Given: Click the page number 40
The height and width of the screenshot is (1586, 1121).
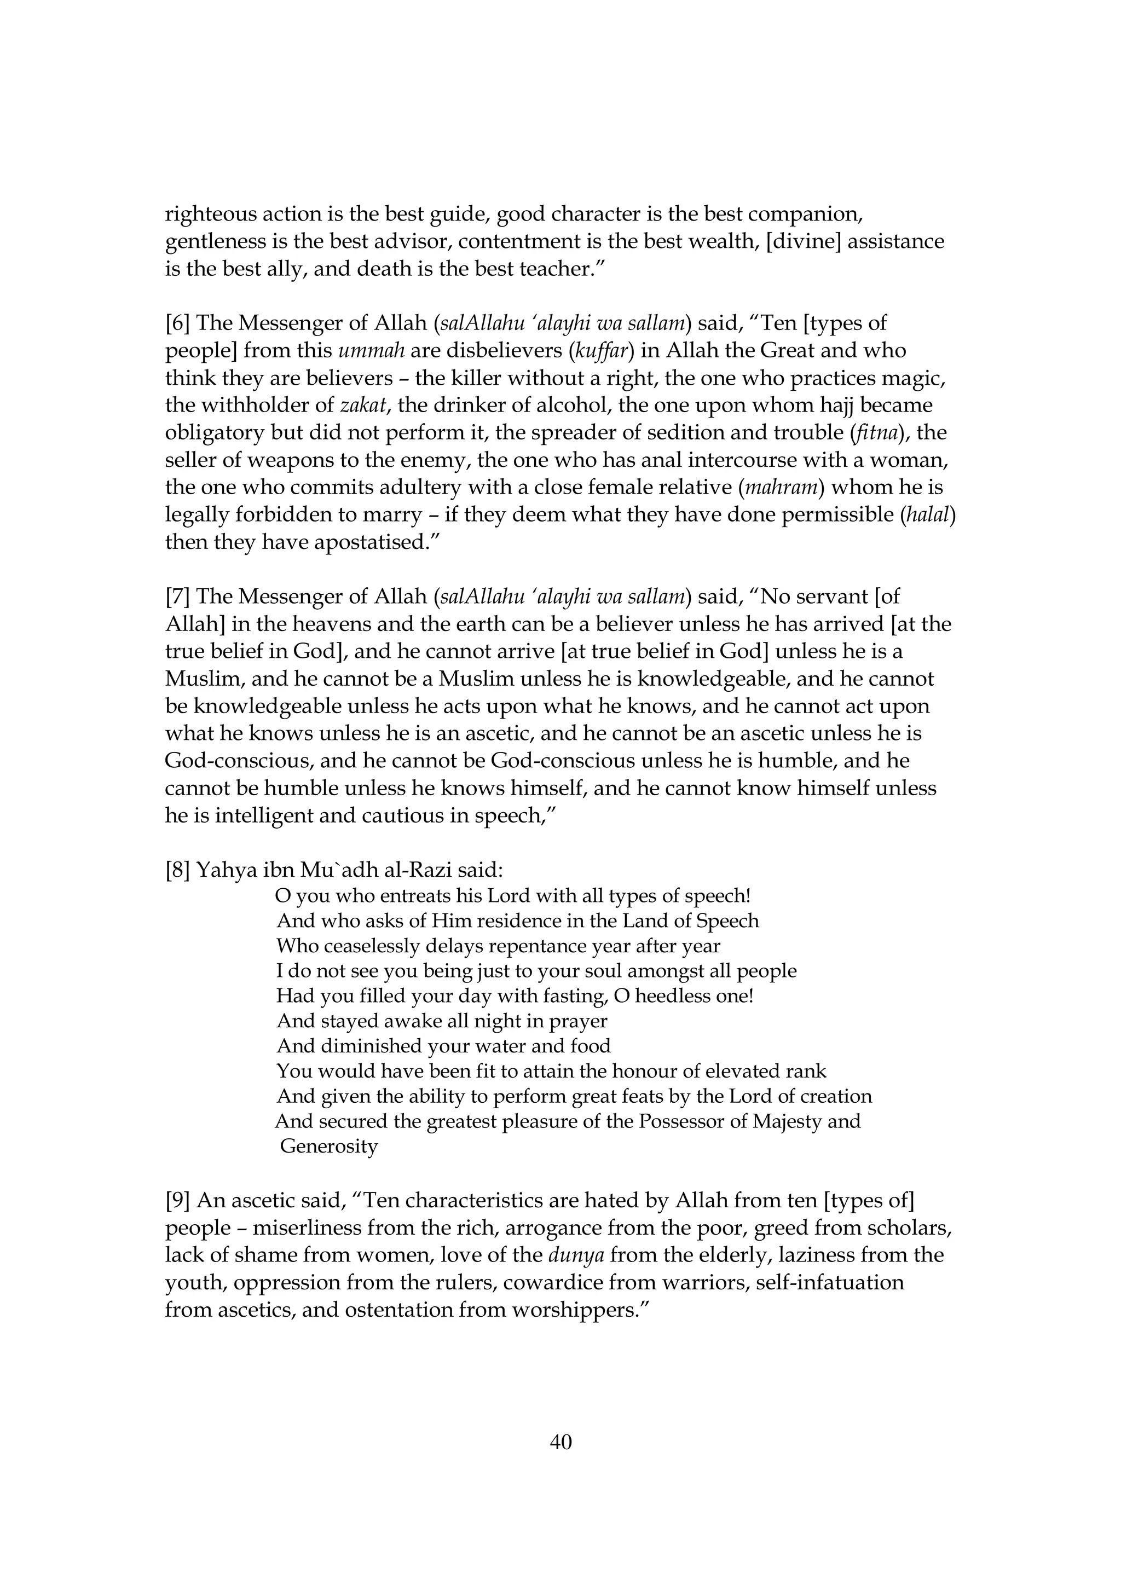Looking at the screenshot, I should [x=560, y=1442].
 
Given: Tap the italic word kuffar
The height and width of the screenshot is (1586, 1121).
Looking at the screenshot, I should [x=604, y=351].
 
